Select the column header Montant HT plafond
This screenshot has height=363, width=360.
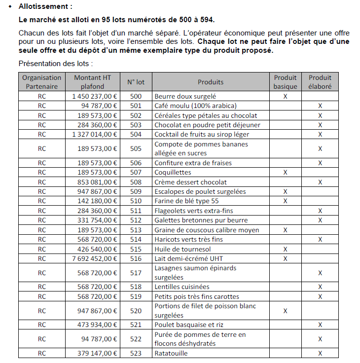[x=93, y=82]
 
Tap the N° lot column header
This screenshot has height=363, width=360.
[x=136, y=82]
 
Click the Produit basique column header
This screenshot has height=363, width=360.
[x=285, y=82]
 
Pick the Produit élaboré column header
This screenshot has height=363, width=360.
[x=320, y=82]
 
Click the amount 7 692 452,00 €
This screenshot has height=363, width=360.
[x=95, y=258]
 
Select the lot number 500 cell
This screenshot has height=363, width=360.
[x=136, y=97]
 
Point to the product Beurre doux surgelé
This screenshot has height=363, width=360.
[x=185, y=97]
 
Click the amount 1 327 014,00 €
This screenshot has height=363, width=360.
[x=95, y=134]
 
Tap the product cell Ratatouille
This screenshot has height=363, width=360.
[x=171, y=353]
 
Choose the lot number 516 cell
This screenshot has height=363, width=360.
[x=136, y=258]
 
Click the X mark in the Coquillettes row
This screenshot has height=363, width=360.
[x=285, y=173]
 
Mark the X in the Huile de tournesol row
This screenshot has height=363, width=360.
[x=285, y=249]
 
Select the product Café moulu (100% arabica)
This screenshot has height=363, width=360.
[x=195, y=106]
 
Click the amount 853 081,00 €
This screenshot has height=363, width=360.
[x=98, y=182]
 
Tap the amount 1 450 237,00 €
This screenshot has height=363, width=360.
[x=95, y=97]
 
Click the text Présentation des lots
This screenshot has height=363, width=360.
[x=55, y=64]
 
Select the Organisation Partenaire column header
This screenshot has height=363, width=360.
[x=42, y=82]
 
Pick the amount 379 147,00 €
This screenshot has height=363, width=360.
[x=98, y=353]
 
